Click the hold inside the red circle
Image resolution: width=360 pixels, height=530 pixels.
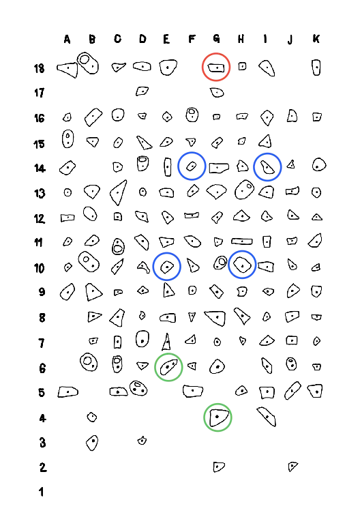(216, 68)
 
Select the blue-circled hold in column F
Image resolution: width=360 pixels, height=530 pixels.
(192, 166)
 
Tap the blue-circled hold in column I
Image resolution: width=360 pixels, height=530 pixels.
(267, 167)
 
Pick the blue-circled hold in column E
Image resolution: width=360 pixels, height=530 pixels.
(167, 267)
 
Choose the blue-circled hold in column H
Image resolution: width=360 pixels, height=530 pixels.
(242, 265)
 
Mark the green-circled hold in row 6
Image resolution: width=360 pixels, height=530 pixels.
(168, 367)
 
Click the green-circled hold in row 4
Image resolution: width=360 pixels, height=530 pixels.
(218, 417)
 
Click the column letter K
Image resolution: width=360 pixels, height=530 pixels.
(316, 39)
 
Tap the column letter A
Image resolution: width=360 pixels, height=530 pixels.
(67, 40)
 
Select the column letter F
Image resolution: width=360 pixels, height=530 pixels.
(192, 39)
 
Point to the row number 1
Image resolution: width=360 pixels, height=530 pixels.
(41, 492)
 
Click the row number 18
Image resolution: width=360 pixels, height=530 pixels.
(39, 68)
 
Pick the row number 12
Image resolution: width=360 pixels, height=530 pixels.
(40, 219)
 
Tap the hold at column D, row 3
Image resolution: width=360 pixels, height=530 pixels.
(142, 441)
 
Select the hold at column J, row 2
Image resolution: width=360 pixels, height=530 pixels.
(292, 467)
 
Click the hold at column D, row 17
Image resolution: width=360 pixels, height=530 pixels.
(142, 91)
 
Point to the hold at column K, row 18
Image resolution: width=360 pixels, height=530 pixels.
(316, 68)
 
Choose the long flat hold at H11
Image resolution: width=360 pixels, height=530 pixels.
(242, 241)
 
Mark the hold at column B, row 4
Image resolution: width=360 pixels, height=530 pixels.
(92, 417)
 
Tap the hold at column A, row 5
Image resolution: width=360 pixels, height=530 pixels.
(68, 392)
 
